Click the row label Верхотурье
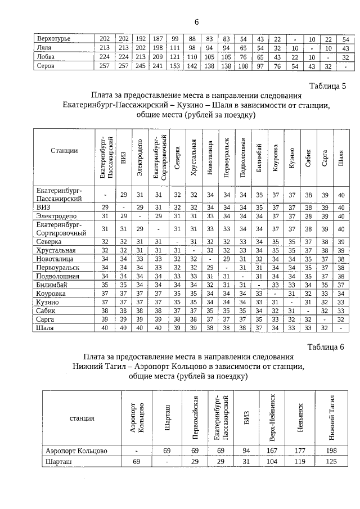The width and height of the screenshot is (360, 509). coord(53,38)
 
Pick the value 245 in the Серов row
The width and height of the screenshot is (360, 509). coord(141,66)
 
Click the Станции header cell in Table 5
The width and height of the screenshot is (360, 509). coord(64,151)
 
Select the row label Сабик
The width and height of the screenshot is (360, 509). coord(47,310)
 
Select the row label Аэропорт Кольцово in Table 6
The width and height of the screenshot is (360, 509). coord(76,451)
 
